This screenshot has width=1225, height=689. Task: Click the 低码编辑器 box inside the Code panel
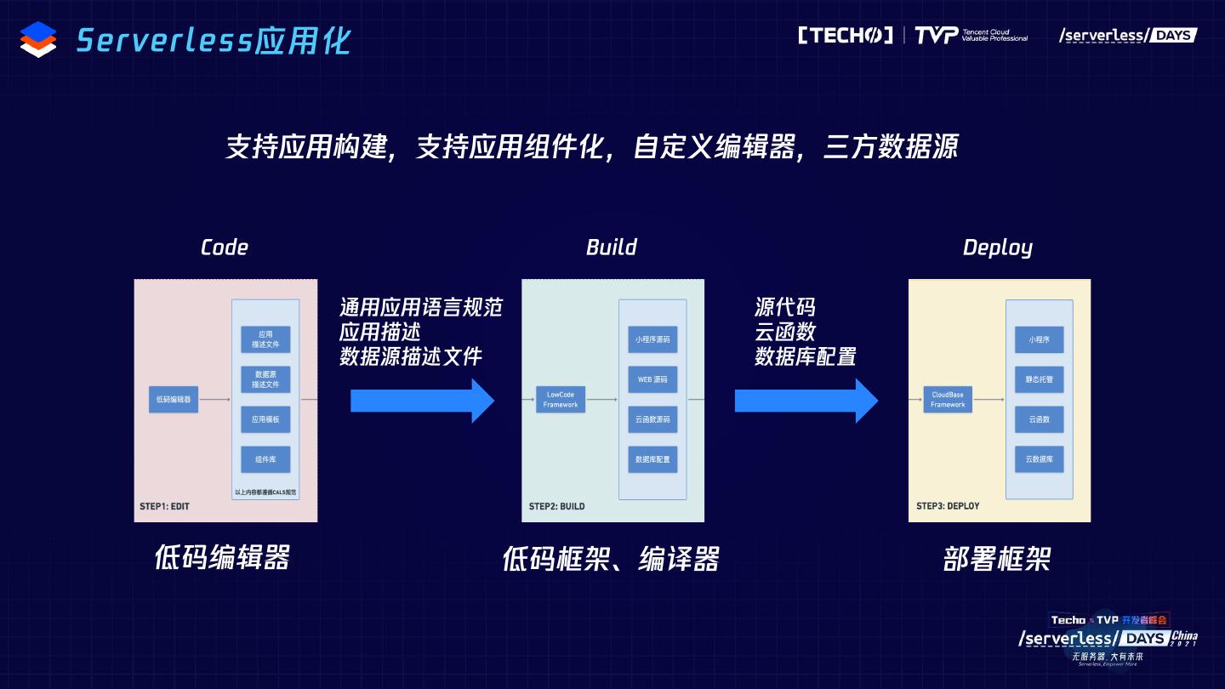(174, 399)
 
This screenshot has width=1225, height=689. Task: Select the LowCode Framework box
(561, 400)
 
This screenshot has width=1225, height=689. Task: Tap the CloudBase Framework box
(948, 400)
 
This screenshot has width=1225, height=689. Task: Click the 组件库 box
(265, 459)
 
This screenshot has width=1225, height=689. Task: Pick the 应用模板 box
(265, 419)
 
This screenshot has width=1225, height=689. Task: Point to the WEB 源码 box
(652, 379)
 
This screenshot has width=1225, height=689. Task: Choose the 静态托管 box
(1039, 379)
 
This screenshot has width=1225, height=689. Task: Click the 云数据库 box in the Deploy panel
(1039, 459)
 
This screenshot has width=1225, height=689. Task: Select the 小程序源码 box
(652, 339)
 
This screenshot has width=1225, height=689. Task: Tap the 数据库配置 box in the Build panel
(652, 459)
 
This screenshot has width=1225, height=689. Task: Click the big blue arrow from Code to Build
(422, 400)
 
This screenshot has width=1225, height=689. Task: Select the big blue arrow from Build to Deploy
(806, 400)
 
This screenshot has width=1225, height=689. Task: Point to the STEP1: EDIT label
(164, 506)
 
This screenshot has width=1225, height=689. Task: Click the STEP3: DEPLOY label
(948, 506)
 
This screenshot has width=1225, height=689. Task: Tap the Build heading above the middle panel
(611, 248)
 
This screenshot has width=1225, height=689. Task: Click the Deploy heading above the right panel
(997, 248)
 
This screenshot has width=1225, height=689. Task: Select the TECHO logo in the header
(845, 35)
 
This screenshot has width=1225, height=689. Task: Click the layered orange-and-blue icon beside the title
(38, 39)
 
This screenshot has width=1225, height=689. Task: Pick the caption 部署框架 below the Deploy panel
(997, 559)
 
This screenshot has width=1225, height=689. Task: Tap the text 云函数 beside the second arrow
(785, 332)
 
